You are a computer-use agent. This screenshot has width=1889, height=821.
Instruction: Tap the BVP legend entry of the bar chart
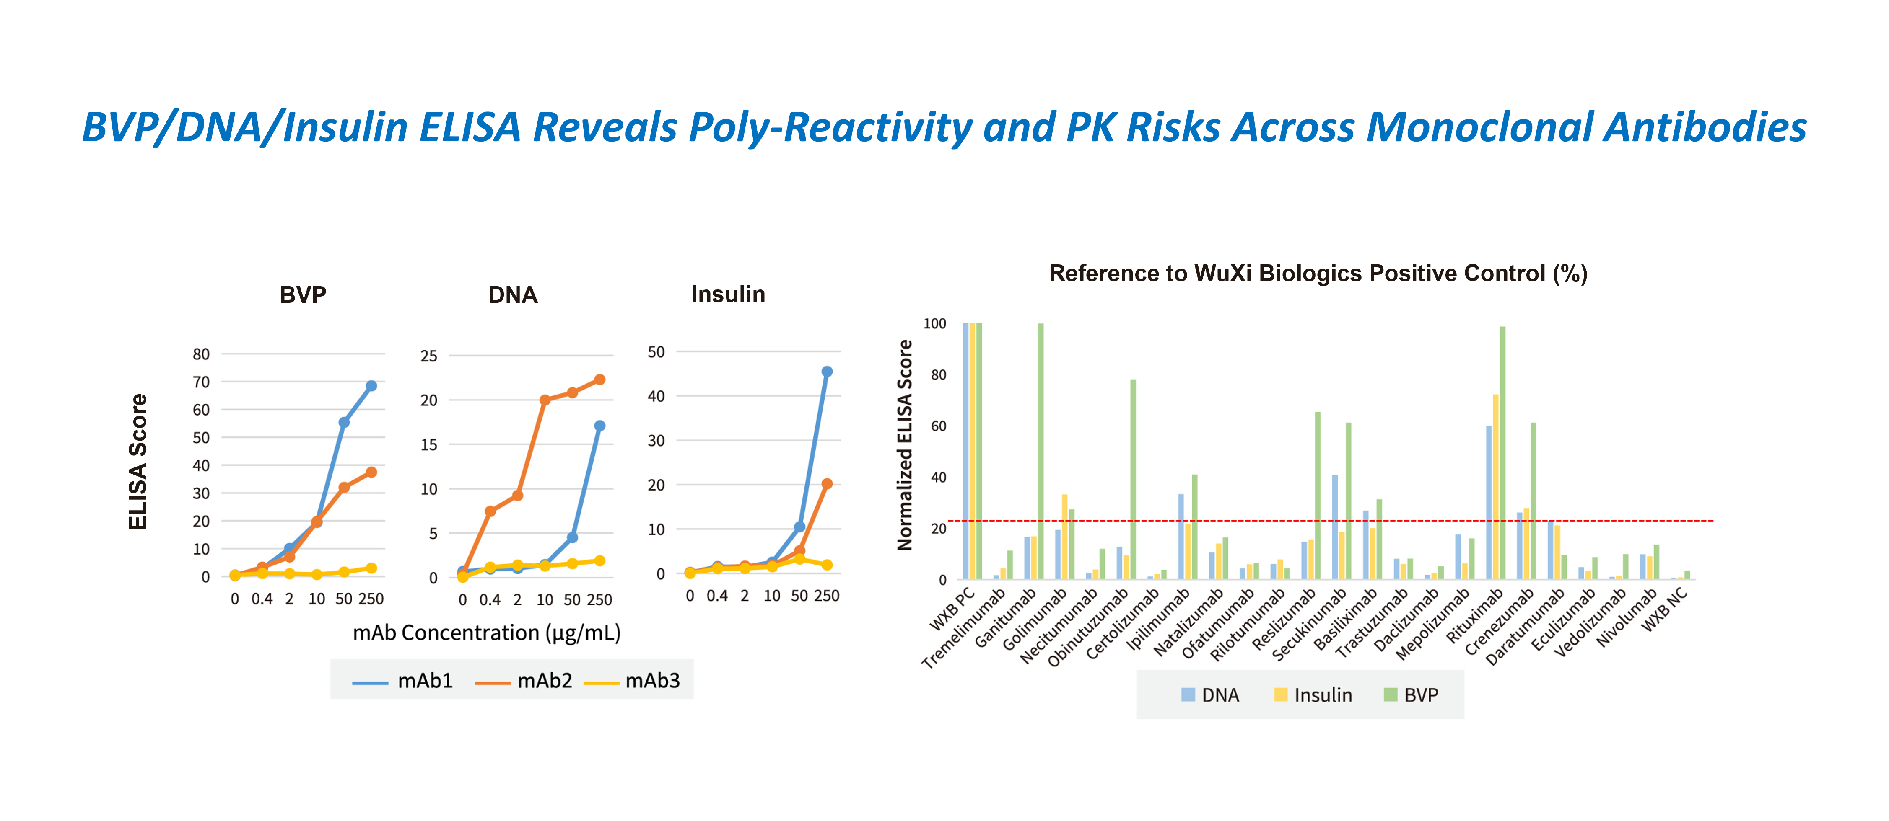click(1411, 695)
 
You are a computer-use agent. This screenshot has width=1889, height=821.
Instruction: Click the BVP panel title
click(303, 295)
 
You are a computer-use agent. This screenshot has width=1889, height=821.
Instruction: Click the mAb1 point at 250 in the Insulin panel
click(826, 372)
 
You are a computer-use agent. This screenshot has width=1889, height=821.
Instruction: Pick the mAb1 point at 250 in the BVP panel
click(371, 385)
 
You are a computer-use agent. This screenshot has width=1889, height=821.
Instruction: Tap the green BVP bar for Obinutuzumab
click(1133, 479)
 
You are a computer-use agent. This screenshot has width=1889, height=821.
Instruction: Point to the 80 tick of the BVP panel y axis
click(201, 354)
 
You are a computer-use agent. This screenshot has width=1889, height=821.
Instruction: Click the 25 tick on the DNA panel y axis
click(428, 356)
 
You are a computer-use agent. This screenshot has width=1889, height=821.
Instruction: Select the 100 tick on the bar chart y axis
click(934, 323)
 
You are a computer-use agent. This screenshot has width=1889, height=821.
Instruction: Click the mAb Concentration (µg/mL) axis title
click(486, 633)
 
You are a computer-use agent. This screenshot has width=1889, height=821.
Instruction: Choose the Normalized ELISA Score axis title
click(905, 445)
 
